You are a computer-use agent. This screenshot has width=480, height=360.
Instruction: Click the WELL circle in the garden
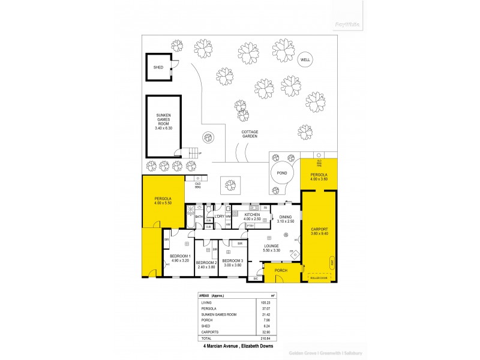coord(305,60)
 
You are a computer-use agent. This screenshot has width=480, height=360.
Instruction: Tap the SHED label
coord(158,67)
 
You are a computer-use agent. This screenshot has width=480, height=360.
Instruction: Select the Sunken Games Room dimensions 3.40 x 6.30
coord(163,128)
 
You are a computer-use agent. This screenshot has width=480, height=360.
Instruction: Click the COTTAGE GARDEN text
coord(250,134)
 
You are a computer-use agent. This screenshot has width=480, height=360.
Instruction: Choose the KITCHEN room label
coord(251,214)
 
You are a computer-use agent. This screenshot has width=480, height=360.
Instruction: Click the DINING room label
coord(285,217)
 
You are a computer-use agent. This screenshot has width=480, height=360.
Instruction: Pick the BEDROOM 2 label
coord(206,262)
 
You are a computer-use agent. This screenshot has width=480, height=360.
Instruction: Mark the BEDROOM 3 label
coord(232,261)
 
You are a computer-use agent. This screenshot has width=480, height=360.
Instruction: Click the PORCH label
coord(281,271)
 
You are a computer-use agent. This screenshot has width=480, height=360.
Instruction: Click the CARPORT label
coord(319,229)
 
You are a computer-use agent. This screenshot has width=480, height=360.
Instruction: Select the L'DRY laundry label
coord(219,216)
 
